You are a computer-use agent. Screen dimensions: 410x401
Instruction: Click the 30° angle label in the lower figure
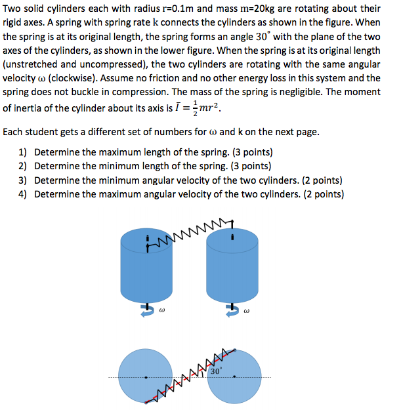217,371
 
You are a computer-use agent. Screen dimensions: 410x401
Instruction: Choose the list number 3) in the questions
23,180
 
